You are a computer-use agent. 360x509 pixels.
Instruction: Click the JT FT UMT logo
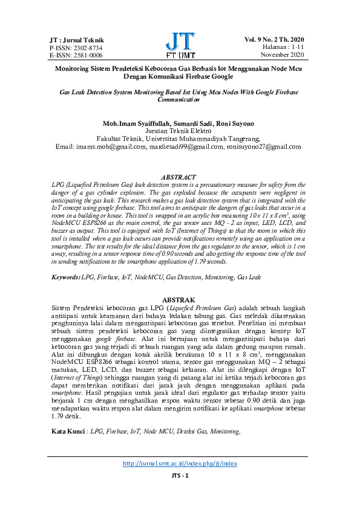pos(180,44)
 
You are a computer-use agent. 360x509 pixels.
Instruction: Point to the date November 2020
pos(282,55)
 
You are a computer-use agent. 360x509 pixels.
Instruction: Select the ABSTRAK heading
pos(179,300)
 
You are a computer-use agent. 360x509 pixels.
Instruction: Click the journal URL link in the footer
pos(180,481)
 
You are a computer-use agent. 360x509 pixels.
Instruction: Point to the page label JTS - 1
pos(180,493)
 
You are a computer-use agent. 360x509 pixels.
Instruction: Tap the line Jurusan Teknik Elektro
pos(179,131)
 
